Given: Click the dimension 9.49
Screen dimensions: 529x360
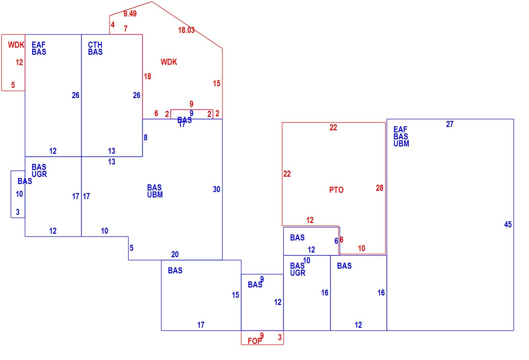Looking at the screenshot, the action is tap(130, 14).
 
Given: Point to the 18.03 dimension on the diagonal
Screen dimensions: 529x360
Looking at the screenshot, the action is tap(186, 30).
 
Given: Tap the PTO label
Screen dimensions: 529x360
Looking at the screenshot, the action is tap(336, 190).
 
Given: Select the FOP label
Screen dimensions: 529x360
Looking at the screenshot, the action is tap(255, 341).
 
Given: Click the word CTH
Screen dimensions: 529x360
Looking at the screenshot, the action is tap(95, 45).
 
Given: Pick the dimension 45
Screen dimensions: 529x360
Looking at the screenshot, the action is tap(508, 224).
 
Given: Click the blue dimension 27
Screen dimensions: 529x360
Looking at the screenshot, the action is tap(450, 124).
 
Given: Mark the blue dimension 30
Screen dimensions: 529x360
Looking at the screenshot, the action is tap(217, 189).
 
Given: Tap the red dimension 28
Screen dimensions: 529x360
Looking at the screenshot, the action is tap(380, 188).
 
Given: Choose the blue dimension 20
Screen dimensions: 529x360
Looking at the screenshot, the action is tap(175, 255).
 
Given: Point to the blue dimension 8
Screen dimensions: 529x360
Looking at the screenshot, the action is tap(145, 137).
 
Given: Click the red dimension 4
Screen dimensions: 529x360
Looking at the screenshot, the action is tap(113, 25).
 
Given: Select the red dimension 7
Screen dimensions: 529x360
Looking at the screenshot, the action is tap(126, 29).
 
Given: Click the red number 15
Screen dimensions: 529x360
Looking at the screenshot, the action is tap(217, 83).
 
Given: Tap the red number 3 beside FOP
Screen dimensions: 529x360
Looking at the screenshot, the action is tap(280, 337).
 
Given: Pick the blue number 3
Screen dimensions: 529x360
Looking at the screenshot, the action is tap(18, 212).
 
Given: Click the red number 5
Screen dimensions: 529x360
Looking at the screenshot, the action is tap(13, 85).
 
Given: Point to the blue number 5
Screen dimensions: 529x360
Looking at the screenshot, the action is tap(132, 248).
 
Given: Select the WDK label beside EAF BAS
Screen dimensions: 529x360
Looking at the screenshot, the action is tap(16, 45).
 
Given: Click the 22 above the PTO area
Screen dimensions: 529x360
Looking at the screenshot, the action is tap(333, 128).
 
